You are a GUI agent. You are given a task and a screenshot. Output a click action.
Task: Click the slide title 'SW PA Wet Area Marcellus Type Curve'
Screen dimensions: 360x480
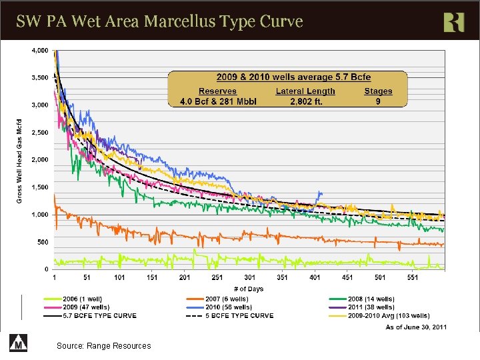click(x=160, y=21)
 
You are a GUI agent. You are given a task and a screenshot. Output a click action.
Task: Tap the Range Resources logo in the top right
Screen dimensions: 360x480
click(x=453, y=22)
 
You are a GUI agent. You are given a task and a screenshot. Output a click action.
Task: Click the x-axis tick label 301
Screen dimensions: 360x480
click(x=250, y=277)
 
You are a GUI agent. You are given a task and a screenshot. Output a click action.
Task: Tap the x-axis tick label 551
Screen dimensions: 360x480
click(x=413, y=277)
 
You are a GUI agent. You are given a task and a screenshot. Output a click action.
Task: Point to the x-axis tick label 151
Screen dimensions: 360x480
click(x=152, y=277)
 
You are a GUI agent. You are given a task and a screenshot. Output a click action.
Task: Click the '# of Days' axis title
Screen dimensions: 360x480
click(x=252, y=288)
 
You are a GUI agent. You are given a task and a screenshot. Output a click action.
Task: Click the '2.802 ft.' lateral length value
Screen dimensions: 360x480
click(x=305, y=101)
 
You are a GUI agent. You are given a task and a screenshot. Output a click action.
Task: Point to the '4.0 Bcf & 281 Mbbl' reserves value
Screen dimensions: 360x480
click(x=218, y=101)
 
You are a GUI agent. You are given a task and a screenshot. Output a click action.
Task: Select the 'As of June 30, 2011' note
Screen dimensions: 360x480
click(x=416, y=327)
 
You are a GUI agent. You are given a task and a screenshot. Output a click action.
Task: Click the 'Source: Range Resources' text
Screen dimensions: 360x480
click(x=104, y=345)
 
